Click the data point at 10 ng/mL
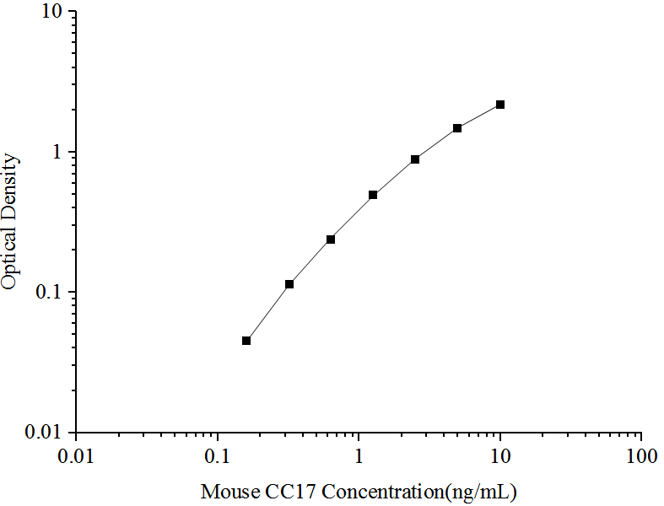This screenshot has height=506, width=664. point(500,105)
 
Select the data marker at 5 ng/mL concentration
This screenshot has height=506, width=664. point(457,128)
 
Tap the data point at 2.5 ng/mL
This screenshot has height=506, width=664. point(415,159)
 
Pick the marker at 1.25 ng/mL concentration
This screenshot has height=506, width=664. point(373,195)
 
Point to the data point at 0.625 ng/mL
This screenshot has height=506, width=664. point(331,240)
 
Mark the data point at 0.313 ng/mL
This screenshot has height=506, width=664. point(289,284)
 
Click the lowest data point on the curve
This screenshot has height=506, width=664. point(246,341)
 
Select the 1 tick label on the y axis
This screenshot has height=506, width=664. point(59,153)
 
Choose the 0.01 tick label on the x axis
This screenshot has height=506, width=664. point(77,457)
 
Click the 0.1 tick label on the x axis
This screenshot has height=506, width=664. point(218,457)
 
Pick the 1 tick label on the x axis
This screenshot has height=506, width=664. point(359,457)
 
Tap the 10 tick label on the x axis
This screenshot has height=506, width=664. point(500,457)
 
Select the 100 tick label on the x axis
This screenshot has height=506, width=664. point(641,457)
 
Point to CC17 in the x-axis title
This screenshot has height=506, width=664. point(286,491)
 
